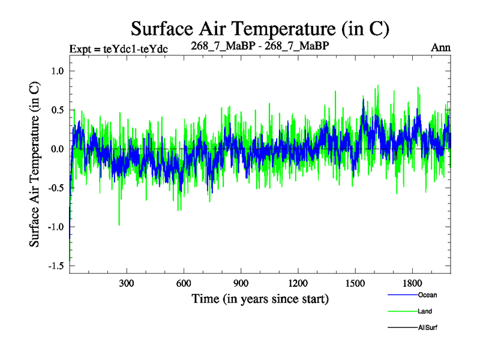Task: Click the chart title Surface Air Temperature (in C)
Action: pos(260,28)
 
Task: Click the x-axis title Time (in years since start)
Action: pos(260,298)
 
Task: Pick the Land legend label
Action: pos(425,311)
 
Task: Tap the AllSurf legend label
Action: pos(427,328)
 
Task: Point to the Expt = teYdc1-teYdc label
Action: pos(118,49)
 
